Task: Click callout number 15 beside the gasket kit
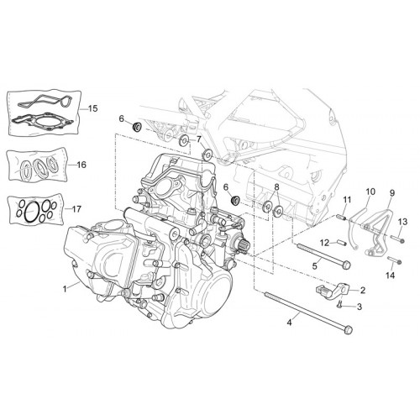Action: point(93,108)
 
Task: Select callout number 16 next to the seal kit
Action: point(81,165)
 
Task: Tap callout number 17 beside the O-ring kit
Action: point(76,209)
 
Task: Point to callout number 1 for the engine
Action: point(65,289)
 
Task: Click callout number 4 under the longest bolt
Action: point(289,323)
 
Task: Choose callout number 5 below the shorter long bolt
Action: point(315,266)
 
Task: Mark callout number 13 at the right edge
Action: point(403,222)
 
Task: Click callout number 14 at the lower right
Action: point(390,276)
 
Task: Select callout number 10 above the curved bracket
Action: point(370,192)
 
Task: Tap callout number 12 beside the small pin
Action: point(325,243)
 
